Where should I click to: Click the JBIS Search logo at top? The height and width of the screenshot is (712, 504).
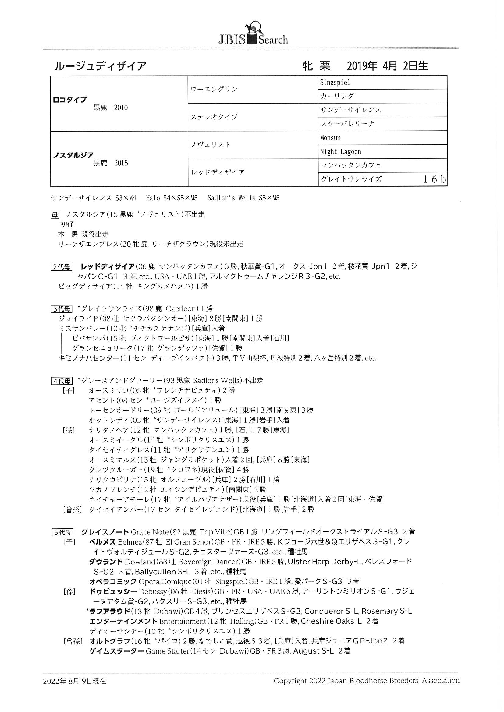click(253, 34)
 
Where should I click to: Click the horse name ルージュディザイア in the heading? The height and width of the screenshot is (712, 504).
click(100, 66)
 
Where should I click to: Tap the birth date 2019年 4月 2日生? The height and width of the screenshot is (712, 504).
click(387, 66)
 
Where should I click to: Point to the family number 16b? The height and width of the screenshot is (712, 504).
click(435, 179)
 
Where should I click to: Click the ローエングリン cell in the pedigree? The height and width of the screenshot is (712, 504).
click(214, 89)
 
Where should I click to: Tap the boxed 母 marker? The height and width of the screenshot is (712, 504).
click(55, 214)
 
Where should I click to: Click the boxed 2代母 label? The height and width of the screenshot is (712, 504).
click(62, 267)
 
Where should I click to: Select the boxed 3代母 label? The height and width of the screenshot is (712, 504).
click(62, 309)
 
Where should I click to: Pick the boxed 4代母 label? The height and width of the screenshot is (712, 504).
click(62, 381)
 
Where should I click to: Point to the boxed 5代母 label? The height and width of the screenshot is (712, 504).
click(62, 532)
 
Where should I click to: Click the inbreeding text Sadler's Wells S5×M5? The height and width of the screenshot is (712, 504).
click(243, 198)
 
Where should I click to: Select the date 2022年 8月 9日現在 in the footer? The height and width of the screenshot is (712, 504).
click(74, 681)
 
